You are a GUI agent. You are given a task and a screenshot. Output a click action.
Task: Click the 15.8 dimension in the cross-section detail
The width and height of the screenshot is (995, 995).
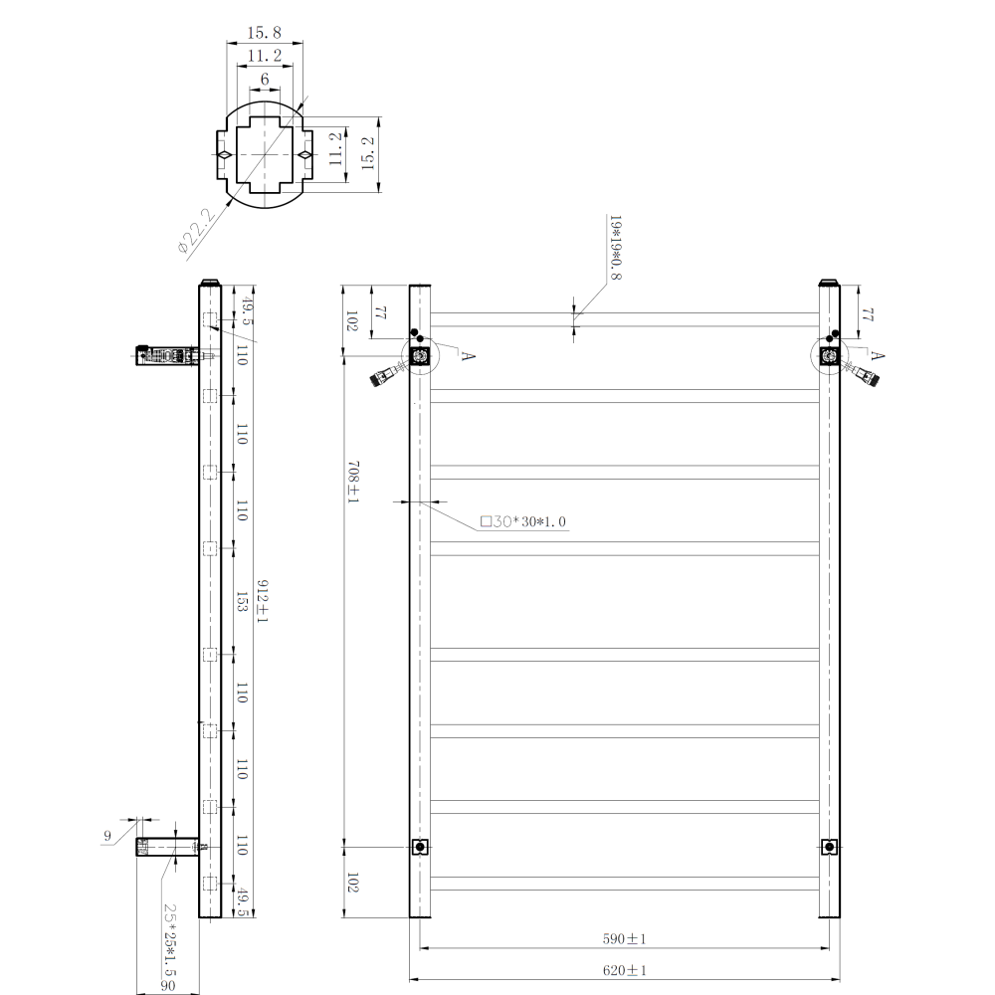click(264, 33)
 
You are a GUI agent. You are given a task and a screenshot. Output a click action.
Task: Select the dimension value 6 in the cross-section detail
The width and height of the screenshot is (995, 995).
click(265, 79)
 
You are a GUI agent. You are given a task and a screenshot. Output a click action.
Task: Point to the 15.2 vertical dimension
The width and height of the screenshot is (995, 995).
click(367, 153)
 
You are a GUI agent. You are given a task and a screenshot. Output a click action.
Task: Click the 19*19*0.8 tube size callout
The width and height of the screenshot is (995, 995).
click(616, 248)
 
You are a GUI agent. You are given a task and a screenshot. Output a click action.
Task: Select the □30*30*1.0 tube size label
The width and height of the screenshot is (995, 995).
click(523, 521)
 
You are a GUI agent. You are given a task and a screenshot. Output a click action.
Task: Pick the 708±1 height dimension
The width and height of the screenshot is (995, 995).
click(353, 483)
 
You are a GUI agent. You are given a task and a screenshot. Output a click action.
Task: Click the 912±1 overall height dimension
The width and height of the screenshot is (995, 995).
click(262, 601)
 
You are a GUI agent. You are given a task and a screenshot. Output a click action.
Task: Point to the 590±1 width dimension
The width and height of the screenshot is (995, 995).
click(625, 938)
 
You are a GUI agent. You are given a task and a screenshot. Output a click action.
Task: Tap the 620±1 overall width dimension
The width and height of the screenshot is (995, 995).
click(625, 970)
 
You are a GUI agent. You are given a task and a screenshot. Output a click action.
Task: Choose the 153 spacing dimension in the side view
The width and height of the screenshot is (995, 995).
click(241, 602)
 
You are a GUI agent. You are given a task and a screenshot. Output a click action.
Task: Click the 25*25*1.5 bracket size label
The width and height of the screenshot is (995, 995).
click(169, 939)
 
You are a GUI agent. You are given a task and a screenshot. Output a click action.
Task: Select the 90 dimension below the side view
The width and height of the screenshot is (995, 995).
click(167, 985)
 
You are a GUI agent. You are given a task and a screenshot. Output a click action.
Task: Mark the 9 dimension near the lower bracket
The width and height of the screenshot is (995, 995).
click(107, 836)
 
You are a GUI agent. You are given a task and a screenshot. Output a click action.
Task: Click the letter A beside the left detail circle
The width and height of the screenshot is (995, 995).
click(468, 356)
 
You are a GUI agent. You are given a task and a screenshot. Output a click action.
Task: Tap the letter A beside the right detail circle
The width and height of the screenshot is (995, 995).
click(877, 355)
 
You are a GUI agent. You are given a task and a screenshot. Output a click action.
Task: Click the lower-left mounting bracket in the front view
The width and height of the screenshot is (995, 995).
click(420, 847)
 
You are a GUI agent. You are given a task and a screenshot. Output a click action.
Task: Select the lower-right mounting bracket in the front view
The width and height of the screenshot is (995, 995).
click(829, 847)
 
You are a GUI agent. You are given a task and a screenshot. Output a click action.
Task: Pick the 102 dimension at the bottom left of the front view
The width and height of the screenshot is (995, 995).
click(353, 883)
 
